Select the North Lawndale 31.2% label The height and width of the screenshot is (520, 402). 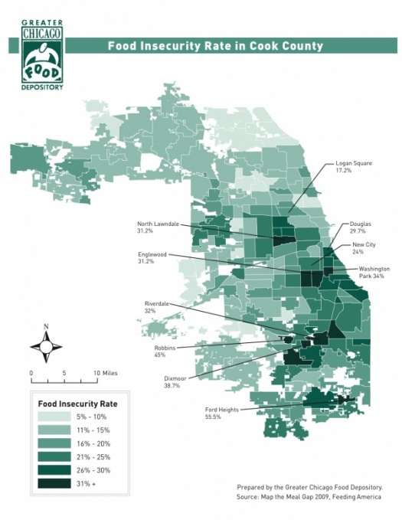[157, 227]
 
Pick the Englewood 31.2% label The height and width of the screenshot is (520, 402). [155, 257]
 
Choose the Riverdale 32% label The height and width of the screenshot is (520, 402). [157, 308]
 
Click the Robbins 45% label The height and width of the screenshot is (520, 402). [165, 352]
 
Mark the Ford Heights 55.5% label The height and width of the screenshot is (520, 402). [222, 414]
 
